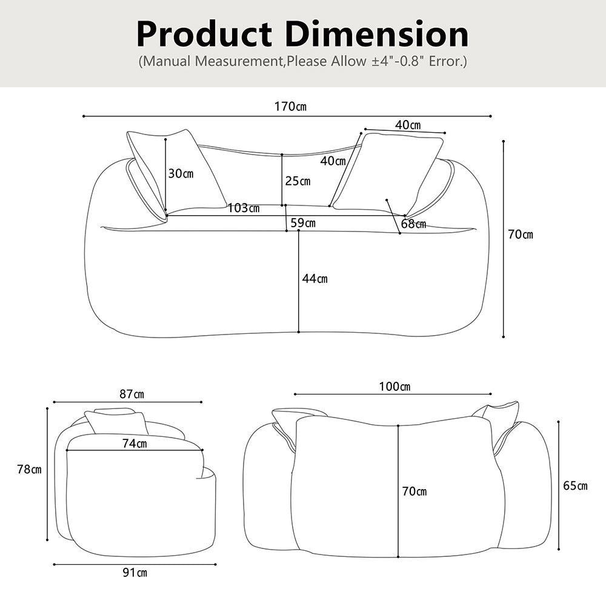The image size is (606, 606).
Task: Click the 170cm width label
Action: pos(290,106)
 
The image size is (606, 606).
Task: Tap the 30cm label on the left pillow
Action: pos(181,173)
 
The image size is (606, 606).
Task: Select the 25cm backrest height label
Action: pos(298,181)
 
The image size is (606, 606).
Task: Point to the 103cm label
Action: pos(244,208)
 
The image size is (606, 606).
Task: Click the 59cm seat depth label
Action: pos(303,222)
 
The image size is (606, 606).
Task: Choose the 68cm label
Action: pos(413,224)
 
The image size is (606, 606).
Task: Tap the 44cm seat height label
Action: pos(315,278)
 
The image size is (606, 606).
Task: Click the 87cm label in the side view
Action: pos(132,394)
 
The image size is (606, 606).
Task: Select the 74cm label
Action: pos(135,444)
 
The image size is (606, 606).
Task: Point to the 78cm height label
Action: pos(29,469)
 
